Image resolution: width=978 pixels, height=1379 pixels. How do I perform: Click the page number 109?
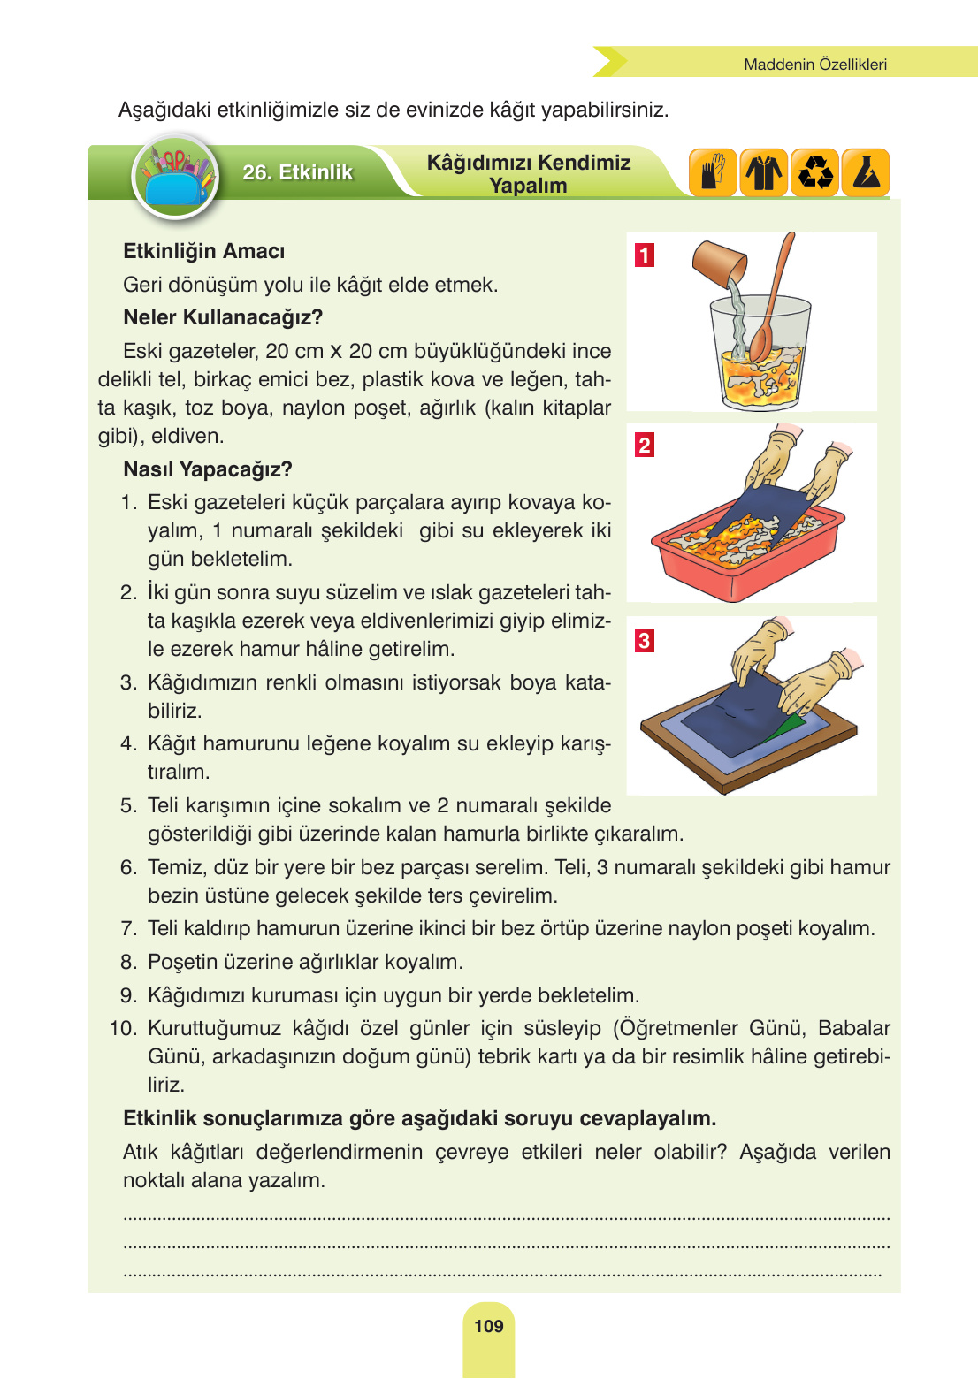click(488, 1326)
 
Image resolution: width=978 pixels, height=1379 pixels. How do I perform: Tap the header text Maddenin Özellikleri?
click(814, 65)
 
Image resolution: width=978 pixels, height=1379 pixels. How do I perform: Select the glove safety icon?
click(713, 171)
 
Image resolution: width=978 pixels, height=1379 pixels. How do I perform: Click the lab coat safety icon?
click(764, 171)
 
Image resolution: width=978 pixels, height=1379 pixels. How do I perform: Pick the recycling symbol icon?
click(815, 171)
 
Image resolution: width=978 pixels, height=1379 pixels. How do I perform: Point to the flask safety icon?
click(867, 171)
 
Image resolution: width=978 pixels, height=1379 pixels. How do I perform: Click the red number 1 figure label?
click(645, 255)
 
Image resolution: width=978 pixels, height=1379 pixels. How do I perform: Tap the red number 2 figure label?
click(645, 446)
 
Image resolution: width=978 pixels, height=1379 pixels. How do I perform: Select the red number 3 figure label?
click(645, 641)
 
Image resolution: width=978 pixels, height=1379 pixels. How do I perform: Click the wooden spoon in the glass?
click(771, 301)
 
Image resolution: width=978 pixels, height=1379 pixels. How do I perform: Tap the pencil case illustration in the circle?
click(175, 177)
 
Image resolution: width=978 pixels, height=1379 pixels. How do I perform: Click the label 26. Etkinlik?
click(297, 172)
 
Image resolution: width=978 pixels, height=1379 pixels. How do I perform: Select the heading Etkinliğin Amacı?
click(203, 252)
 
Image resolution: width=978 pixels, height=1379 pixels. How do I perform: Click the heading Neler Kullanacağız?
click(223, 317)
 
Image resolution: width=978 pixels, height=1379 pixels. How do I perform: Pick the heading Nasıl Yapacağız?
click(207, 469)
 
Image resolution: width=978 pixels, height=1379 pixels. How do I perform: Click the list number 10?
click(123, 1029)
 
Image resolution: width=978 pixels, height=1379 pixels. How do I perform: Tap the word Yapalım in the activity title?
click(528, 187)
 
